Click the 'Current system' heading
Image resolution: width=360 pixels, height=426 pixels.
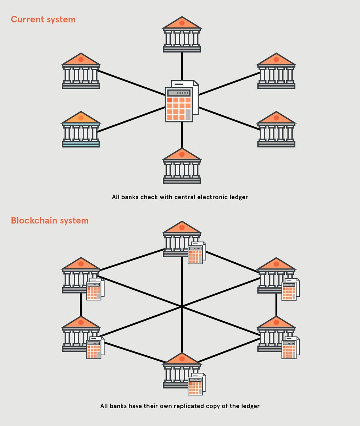(x=43, y=19)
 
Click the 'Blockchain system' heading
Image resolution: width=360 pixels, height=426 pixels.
(x=50, y=220)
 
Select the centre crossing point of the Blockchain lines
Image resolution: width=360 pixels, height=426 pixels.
(x=182, y=306)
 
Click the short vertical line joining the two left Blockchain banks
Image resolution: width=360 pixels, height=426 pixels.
(x=81, y=305)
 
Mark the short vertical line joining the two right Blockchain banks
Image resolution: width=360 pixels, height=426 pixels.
(x=276, y=305)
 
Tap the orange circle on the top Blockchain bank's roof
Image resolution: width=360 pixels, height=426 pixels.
(x=182, y=228)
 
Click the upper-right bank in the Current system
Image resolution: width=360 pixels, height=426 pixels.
(x=276, y=71)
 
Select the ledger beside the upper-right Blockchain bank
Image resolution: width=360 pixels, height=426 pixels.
(x=290, y=289)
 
